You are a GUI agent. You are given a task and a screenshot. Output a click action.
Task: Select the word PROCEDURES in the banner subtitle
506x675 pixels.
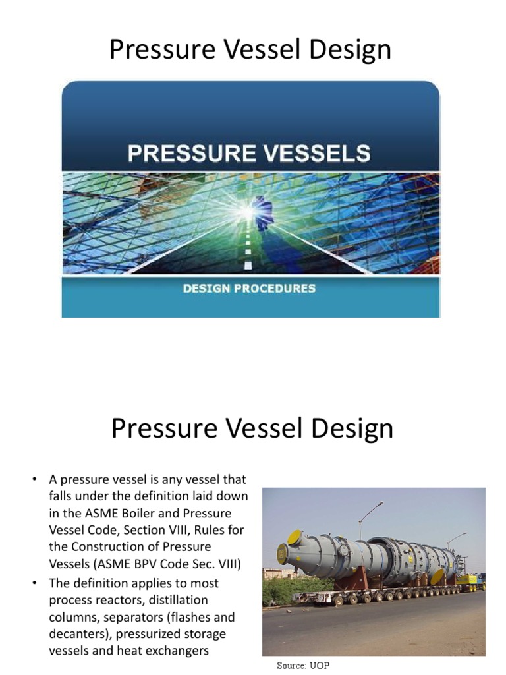[281, 288]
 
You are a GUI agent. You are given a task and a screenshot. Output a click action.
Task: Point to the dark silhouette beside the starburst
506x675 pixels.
[264, 213]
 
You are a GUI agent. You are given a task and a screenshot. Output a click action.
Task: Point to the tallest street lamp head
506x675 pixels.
[380, 504]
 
